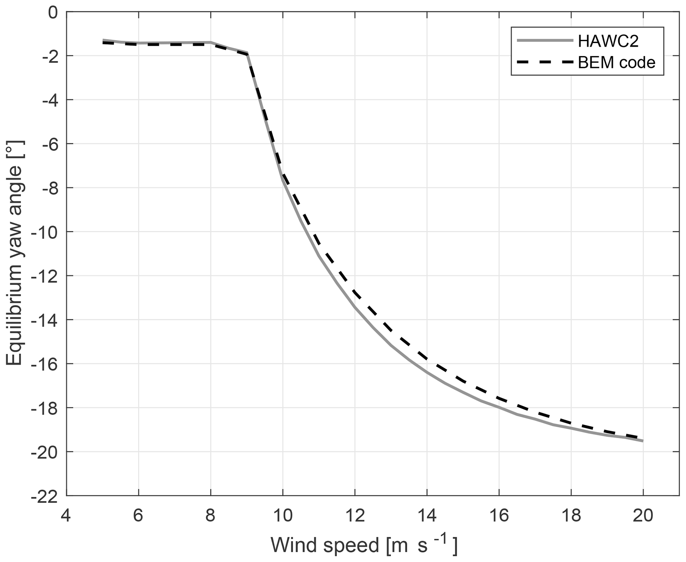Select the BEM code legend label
pyautogui.click(x=616, y=62)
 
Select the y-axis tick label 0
pyautogui.click(x=53, y=12)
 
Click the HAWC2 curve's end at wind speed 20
pyautogui.click(x=643, y=441)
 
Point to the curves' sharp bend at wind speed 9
pyautogui.click(x=247, y=54)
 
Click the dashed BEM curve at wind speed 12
pyautogui.click(x=355, y=292)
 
